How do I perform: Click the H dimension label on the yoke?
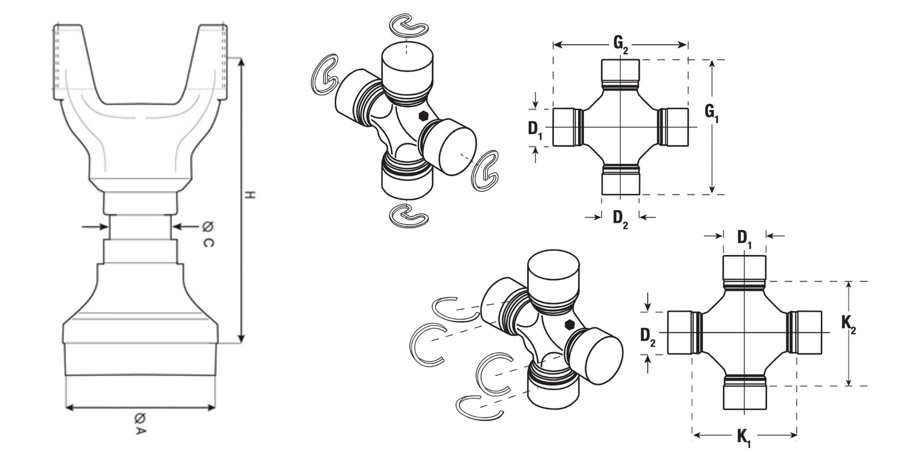coord(251,196)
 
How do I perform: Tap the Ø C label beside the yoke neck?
coord(208,234)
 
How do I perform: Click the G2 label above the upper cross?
coord(621,44)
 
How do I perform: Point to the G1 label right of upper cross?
coord(712,114)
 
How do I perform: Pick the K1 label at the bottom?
coord(744,438)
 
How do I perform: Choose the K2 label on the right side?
coord(849,324)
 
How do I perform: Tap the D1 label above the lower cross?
coord(745,239)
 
